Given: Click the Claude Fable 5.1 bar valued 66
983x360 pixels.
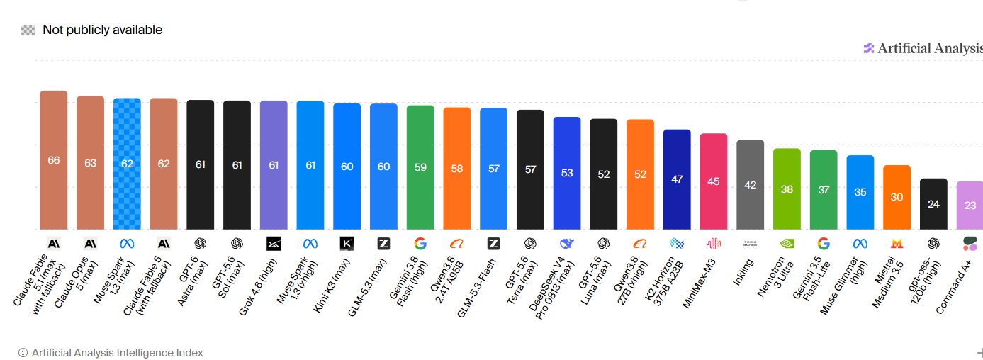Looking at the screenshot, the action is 54,160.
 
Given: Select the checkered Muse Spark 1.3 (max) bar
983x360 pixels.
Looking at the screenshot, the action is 128,163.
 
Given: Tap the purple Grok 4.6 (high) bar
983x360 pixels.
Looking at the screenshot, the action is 274,164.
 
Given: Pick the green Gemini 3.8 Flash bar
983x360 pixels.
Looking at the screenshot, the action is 420,167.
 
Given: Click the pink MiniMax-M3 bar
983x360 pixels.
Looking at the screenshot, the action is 714,181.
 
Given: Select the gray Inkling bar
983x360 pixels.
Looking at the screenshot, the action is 751,184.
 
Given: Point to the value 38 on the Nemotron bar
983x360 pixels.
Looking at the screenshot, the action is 787,189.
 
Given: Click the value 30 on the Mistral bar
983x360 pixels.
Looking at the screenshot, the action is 897,197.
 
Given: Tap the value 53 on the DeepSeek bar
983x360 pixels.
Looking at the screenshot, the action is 567,173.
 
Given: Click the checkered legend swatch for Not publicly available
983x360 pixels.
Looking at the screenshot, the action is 28,30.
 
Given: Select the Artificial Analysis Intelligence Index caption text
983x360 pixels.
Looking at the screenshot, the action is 117,353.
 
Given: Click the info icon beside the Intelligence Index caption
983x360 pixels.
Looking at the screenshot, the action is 23,353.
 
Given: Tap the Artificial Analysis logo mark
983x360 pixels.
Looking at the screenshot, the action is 868,48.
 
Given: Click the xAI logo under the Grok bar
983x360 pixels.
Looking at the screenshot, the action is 274,244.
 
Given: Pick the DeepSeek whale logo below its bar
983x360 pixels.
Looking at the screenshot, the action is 567,244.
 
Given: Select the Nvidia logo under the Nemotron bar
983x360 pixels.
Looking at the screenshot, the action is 787,244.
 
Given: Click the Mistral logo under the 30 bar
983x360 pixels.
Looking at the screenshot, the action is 897,244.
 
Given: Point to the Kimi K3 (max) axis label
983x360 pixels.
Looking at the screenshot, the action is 332,286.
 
